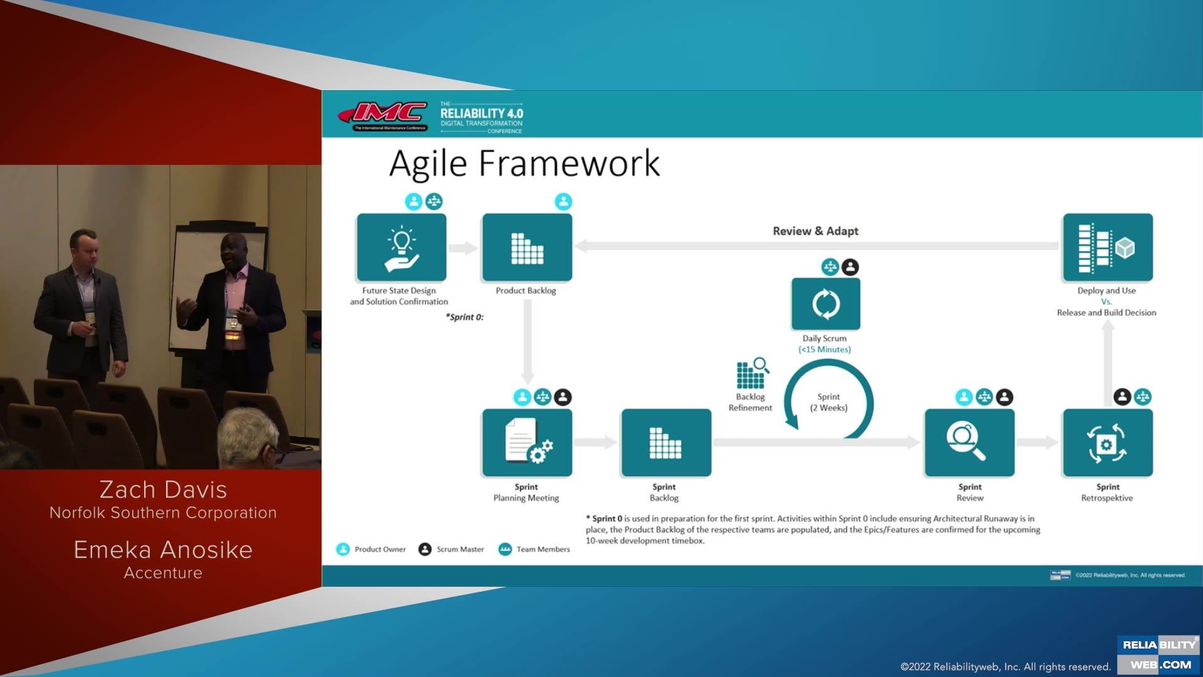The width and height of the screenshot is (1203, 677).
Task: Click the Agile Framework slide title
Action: pyautogui.click(x=524, y=164)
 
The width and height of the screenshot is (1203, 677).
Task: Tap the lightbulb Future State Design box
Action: pyautogui.click(x=402, y=248)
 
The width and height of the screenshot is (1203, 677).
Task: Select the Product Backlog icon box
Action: pyautogui.click(x=527, y=248)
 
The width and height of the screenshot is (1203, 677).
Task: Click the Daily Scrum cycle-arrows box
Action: pyautogui.click(x=826, y=304)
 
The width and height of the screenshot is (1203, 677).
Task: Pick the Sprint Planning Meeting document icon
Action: pyautogui.click(x=527, y=443)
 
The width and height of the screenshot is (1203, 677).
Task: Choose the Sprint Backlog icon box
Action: pyautogui.click(x=666, y=443)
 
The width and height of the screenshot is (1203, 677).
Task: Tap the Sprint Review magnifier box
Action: pyautogui.click(x=969, y=443)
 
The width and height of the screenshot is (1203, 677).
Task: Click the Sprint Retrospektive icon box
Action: pyautogui.click(x=1107, y=443)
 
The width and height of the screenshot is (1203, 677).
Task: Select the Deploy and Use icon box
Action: pyautogui.click(x=1107, y=248)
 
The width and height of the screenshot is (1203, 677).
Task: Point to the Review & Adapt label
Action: pyautogui.click(x=815, y=231)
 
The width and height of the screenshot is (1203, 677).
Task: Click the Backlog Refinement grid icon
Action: pyautogui.click(x=751, y=374)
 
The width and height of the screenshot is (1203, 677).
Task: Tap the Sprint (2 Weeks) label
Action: pyautogui.click(x=828, y=402)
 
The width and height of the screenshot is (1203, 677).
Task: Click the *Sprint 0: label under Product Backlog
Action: pyautogui.click(x=464, y=317)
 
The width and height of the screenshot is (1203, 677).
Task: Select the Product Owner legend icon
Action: pyautogui.click(x=343, y=549)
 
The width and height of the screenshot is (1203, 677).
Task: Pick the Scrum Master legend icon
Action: pyautogui.click(x=425, y=549)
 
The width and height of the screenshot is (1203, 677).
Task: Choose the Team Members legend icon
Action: pyautogui.click(x=505, y=549)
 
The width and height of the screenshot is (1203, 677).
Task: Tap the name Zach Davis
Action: pyautogui.click(x=163, y=490)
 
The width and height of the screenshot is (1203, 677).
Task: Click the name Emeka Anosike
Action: pyautogui.click(x=163, y=550)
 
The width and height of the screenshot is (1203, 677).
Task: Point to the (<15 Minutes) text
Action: pyautogui.click(x=825, y=350)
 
